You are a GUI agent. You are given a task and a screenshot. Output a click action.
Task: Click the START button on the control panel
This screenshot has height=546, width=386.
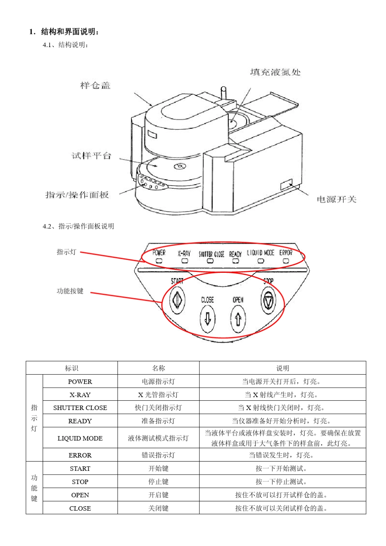[x=177, y=300]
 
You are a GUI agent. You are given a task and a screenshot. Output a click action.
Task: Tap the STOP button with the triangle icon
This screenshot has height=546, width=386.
[x=268, y=301]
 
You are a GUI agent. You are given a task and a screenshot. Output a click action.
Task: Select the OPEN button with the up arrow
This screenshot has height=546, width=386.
[x=238, y=319]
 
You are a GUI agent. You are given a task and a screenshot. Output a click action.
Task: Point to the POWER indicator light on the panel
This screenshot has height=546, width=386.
[x=159, y=261]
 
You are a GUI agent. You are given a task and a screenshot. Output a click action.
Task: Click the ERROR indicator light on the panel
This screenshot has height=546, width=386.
[x=286, y=261]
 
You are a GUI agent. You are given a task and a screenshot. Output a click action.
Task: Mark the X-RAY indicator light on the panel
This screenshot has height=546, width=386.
[x=184, y=261]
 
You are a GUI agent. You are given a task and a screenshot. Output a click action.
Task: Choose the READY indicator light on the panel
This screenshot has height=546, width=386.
[x=235, y=261]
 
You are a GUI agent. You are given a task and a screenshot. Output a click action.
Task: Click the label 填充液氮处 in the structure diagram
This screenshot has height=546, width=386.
[x=275, y=72]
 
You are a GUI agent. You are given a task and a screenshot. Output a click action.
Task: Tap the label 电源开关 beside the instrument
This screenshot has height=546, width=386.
[x=336, y=199]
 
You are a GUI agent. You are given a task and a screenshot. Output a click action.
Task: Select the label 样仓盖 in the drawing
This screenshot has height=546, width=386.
[x=95, y=85]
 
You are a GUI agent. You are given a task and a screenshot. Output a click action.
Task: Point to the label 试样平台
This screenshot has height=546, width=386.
[x=91, y=156]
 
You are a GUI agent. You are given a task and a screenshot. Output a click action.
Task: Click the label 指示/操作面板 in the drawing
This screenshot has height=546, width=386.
[x=77, y=195]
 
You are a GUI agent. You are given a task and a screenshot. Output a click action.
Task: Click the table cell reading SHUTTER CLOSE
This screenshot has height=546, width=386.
[x=80, y=408]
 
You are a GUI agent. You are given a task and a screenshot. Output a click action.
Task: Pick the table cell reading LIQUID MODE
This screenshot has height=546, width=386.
[x=80, y=438]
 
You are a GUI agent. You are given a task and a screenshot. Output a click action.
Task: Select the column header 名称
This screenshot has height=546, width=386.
[x=158, y=368]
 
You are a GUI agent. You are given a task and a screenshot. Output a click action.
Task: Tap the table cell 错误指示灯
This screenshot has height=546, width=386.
[x=158, y=455]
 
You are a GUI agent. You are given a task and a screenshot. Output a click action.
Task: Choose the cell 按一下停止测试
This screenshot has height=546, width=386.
[x=282, y=482]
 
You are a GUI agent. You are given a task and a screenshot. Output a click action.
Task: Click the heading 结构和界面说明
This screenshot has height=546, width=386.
[x=69, y=32]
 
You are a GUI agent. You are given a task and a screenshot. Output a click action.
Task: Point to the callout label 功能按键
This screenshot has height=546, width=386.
[x=70, y=291]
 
